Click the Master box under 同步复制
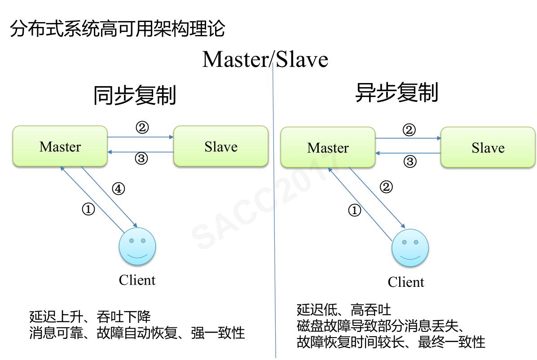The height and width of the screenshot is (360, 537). point(60,147)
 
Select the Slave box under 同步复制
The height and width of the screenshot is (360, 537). point(220,147)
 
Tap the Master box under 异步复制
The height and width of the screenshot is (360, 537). point(327,148)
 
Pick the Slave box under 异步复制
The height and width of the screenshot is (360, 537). point(488,148)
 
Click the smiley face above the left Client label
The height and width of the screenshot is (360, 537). point(137,248)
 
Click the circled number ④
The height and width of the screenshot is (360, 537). point(118,189)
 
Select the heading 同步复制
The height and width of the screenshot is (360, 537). point(135,95)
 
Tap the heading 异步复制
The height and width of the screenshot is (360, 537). point(396,93)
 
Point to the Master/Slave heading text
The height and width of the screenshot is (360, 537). point(265,60)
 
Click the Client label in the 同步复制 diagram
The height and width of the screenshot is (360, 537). point(137,280)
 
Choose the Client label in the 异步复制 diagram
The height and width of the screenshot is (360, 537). point(405,282)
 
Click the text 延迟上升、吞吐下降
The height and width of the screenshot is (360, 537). point(90,317)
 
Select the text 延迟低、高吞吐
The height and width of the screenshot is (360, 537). point(343,310)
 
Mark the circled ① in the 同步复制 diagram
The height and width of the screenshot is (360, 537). point(88,209)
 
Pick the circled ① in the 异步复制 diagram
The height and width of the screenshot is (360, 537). point(355,210)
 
